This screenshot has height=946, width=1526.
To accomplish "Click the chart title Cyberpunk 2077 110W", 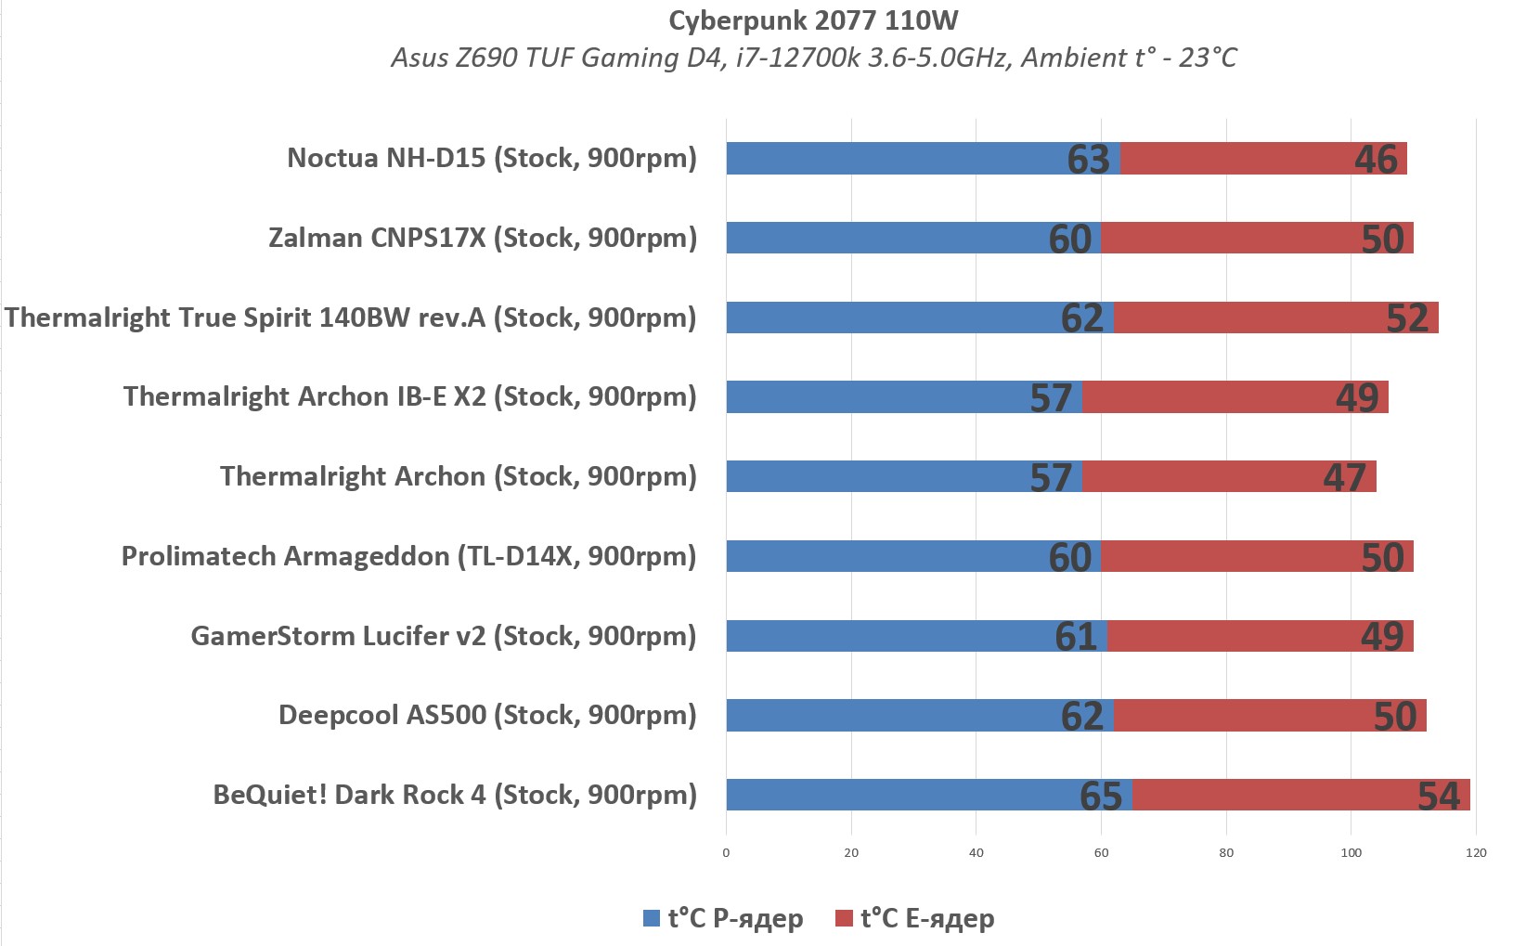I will click(813, 20).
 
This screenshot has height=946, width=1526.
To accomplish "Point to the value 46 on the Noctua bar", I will click(1376, 160).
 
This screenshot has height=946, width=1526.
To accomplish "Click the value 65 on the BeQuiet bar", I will click(1101, 796).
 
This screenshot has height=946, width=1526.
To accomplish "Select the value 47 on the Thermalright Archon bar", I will click(1344, 477).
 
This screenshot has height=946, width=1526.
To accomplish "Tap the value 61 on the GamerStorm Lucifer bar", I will click(1076, 637).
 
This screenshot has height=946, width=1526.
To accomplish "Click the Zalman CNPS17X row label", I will click(483, 238).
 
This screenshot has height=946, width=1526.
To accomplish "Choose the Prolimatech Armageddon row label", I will click(408, 556).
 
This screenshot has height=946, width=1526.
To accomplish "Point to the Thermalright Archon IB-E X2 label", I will click(409, 396).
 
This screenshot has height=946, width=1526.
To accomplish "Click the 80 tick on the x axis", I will click(1226, 852).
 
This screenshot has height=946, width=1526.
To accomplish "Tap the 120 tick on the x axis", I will click(1476, 852).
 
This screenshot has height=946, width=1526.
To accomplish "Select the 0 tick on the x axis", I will click(726, 852).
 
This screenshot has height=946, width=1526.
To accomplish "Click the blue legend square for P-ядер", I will click(652, 918).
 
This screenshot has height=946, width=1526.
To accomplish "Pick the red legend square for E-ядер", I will click(844, 918).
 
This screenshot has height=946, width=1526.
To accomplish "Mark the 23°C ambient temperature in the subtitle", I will click(1208, 58).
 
